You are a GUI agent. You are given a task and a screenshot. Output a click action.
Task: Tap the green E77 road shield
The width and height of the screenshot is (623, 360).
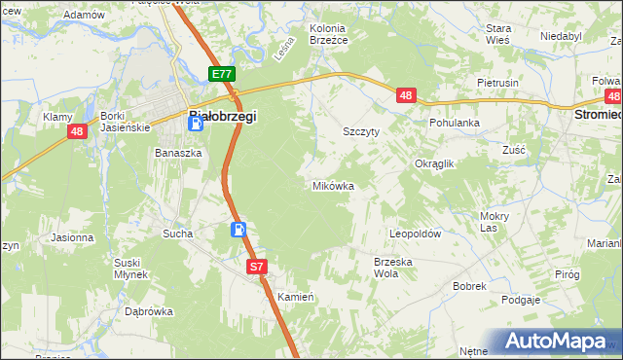pos(221,74)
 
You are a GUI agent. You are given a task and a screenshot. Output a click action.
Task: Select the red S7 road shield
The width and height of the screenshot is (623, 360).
pos(256,266)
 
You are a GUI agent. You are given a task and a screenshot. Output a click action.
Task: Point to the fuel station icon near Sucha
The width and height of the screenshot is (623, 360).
pos(238,231)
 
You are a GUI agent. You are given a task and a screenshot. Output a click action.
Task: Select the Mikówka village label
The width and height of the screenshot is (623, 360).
pos(332,185)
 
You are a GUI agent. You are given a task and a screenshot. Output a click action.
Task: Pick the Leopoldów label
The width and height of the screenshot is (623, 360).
pos(416,234)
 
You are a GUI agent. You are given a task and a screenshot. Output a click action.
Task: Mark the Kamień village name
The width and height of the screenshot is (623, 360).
pos(294,296)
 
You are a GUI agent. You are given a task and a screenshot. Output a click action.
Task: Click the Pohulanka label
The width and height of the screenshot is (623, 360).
pos(456,124)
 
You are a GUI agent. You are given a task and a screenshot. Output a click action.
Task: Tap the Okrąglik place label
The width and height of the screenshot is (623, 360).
pos(435,164)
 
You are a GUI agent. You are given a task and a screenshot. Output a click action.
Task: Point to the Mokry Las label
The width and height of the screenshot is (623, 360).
pos(495,222)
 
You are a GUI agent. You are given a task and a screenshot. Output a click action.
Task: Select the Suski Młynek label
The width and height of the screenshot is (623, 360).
pos(129,268)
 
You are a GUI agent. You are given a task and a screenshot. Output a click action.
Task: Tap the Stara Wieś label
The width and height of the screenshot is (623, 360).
pos(498,34)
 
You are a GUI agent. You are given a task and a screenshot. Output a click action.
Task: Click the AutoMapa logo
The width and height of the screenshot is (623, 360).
pos(558,342)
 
